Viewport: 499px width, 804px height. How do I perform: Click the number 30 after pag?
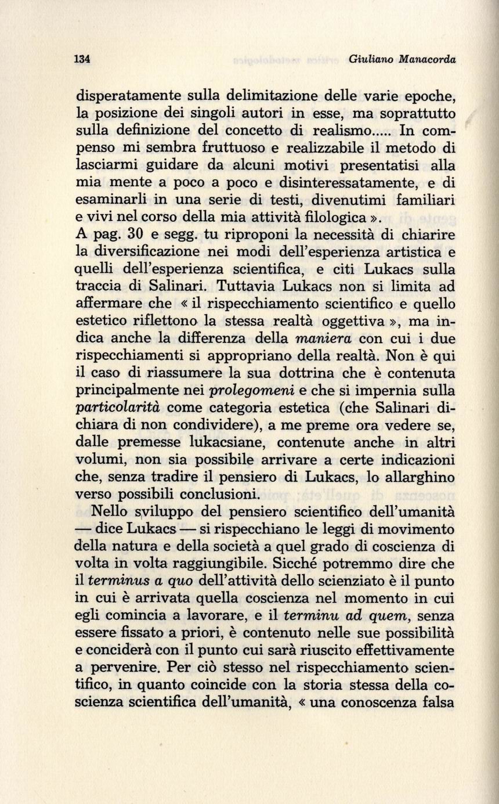coord(135,235)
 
